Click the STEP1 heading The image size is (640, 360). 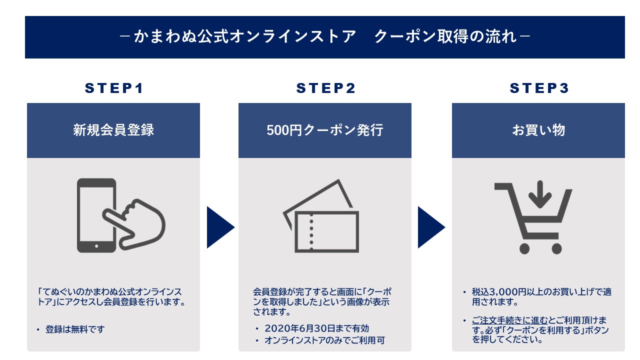click(x=113, y=88)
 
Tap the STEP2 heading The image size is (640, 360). click(x=325, y=88)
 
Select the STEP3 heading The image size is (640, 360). click(x=539, y=88)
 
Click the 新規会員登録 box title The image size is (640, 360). click(x=113, y=130)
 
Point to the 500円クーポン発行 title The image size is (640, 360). click(x=325, y=130)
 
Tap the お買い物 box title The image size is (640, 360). click(x=538, y=130)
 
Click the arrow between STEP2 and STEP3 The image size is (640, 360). click(x=430, y=227)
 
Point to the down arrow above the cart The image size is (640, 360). click(x=539, y=194)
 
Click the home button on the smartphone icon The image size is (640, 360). click(x=96, y=246)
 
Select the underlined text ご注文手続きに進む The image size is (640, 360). click(x=510, y=320)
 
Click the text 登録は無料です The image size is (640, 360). click(x=75, y=329)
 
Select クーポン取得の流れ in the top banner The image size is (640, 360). click(x=445, y=37)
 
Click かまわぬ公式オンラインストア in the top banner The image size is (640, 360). click(x=245, y=37)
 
